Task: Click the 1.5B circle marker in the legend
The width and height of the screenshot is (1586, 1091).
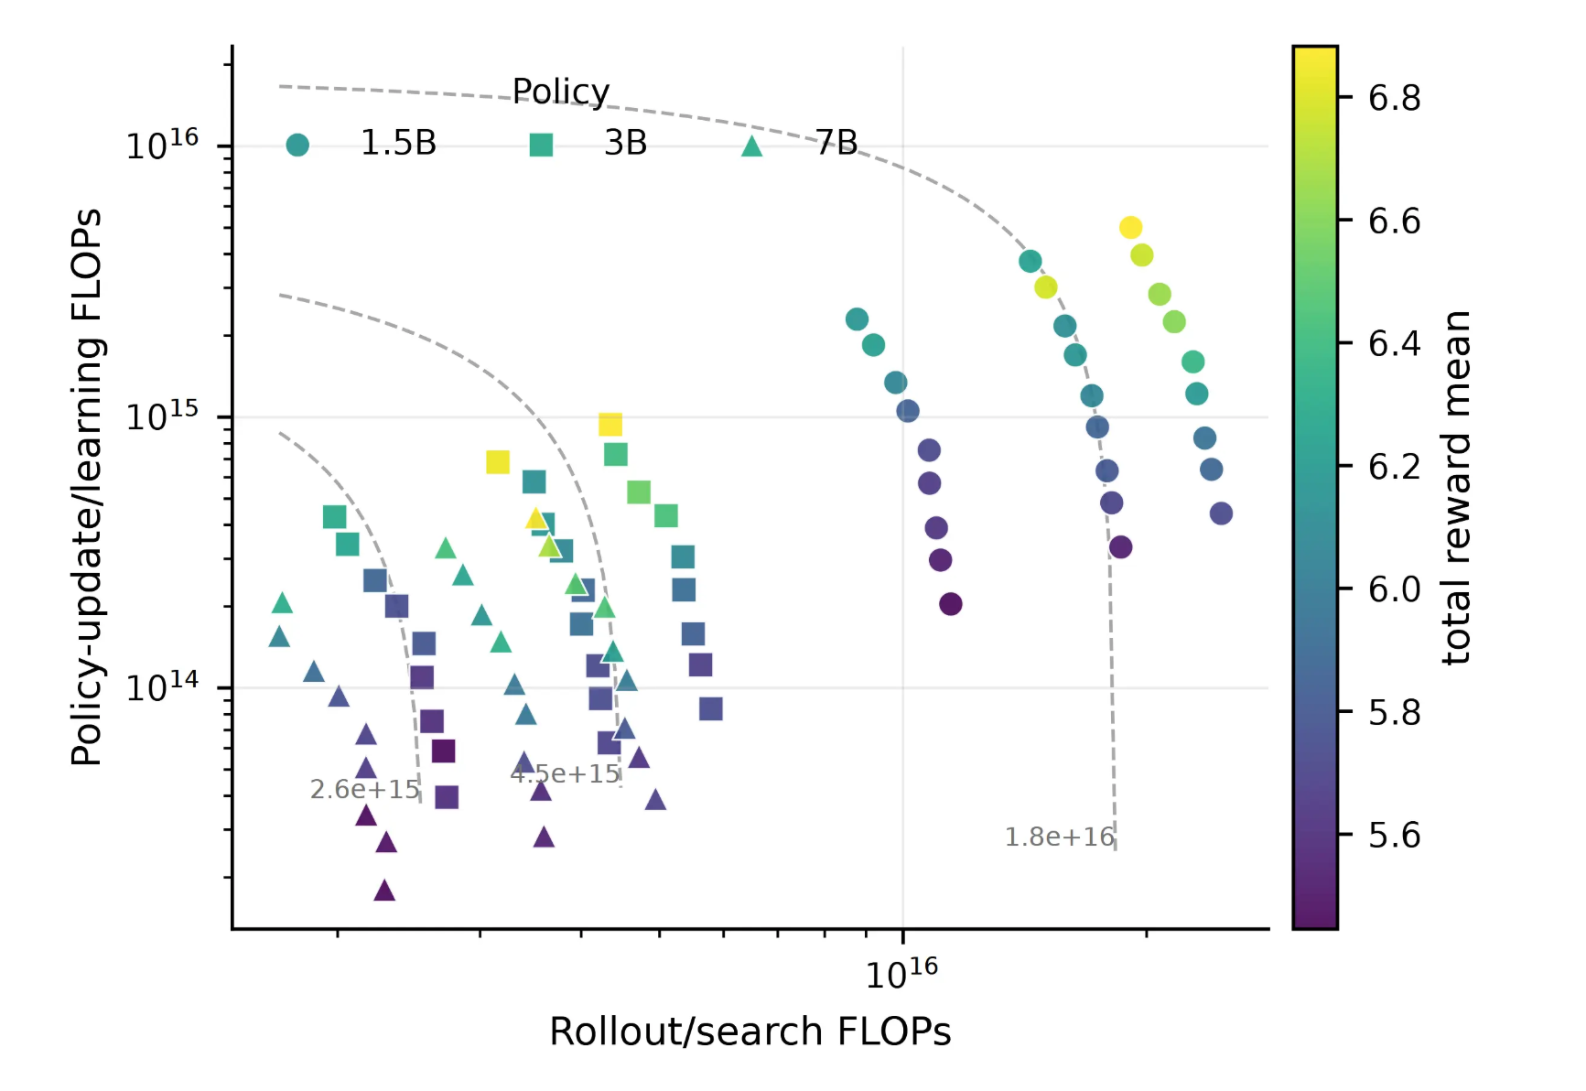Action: pos(297,145)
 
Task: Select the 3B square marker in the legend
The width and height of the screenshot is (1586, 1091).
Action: pos(541,145)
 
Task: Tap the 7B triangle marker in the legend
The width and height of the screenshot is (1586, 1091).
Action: pos(751,146)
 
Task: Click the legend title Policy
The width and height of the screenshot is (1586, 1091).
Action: pos(560,92)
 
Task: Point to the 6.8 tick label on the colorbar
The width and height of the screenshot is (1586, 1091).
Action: pos(1394,98)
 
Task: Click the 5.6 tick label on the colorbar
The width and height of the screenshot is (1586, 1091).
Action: pos(1394,835)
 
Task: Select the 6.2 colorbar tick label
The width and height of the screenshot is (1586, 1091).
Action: pos(1394,467)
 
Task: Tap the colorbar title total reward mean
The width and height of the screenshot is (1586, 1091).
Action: pos(1455,487)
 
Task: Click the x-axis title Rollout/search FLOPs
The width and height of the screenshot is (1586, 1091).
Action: pos(750,1032)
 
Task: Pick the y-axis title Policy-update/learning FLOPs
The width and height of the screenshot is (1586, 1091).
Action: pos(87,487)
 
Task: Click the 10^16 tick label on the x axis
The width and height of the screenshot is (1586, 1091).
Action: pos(901,974)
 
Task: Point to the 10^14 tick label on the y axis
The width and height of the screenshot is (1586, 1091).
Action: pos(162,686)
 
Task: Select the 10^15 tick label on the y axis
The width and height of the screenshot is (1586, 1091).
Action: pos(162,416)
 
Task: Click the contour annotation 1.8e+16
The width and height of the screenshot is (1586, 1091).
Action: pos(1059,837)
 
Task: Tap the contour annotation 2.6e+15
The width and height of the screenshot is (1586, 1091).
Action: pos(364,789)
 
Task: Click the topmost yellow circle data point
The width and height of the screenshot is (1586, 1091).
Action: pos(1130,227)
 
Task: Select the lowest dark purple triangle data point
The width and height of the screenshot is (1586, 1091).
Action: pos(384,890)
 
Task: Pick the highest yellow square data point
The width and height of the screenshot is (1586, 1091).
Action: pos(610,424)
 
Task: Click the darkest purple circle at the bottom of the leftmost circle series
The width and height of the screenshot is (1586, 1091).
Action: pos(950,604)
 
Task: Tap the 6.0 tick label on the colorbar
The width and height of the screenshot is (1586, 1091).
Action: pos(1394,589)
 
